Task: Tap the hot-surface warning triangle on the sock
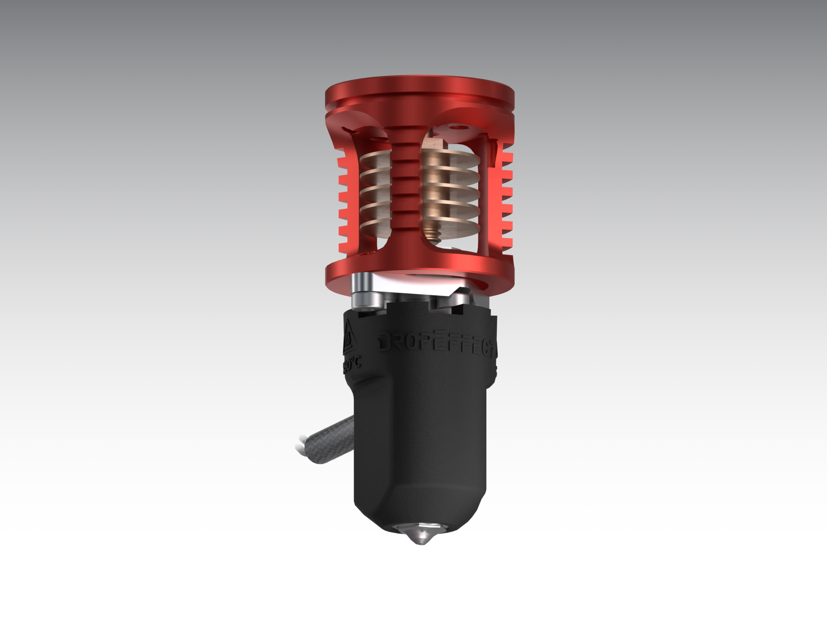click(350, 338)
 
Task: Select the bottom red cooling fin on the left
click(344, 247)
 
